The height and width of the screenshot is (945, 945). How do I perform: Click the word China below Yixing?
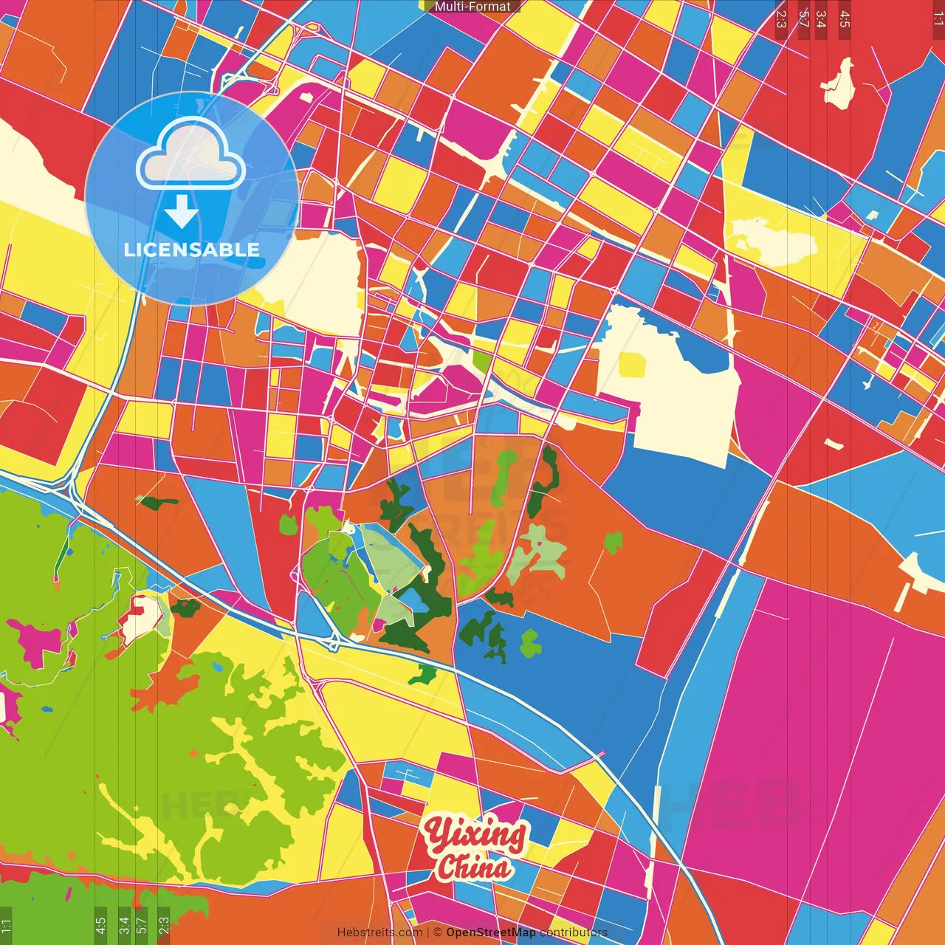pyautogui.click(x=473, y=867)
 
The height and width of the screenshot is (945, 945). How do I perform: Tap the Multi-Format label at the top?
pyautogui.click(x=472, y=7)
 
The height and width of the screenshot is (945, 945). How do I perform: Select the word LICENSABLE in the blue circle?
pyautogui.click(x=192, y=250)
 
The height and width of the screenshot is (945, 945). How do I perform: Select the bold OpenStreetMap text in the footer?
pyautogui.click(x=491, y=932)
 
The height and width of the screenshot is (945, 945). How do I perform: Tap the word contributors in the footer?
pyautogui.click(x=574, y=932)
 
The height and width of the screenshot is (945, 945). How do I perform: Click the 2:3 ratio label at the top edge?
pyautogui.click(x=781, y=18)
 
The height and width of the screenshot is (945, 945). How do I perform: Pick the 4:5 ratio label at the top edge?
pyautogui.click(x=845, y=18)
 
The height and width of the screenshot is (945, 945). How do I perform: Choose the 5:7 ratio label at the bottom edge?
pyautogui.click(x=141, y=924)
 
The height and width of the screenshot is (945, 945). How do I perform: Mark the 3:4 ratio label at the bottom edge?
pyautogui.click(x=123, y=924)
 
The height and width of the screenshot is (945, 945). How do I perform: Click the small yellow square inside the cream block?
pyautogui.click(x=633, y=365)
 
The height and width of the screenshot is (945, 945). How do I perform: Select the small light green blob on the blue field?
pyautogui.click(x=530, y=643)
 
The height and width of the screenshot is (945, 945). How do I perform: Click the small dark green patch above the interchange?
pyautogui.click(x=157, y=503)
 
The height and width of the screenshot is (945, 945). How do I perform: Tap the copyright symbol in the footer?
pyautogui.click(x=438, y=932)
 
